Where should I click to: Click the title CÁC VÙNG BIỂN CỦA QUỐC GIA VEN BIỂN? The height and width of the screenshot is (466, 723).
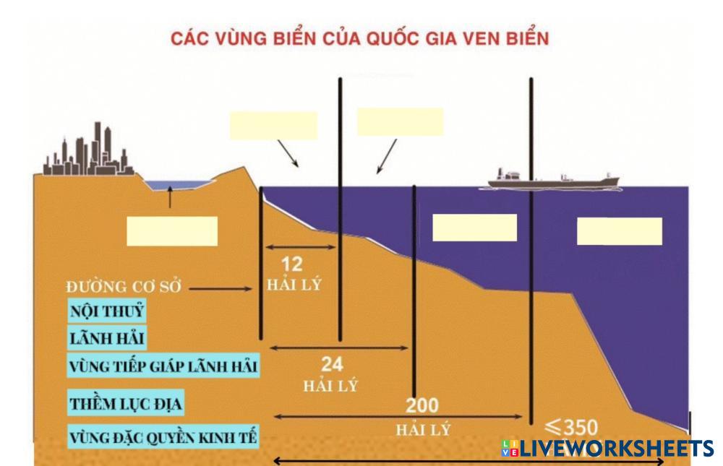click(x=359, y=38)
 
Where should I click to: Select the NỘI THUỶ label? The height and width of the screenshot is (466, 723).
click(x=106, y=311)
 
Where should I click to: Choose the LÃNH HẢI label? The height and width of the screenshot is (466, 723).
click(x=103, y=337)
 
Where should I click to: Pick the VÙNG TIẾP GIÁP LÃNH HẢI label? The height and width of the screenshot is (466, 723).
click(x=163, y=366)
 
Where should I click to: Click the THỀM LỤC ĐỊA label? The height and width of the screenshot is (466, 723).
click(x=126, y=402)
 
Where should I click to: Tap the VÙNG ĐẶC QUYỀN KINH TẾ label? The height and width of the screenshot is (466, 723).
click(x=163, y=436)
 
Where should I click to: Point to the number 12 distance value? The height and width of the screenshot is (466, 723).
click(x=292, y=264)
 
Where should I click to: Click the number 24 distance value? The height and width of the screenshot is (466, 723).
click(x=332, y=363)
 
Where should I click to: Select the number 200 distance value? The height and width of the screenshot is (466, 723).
click(x=422, y=406)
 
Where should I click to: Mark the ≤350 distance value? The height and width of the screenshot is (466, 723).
click(x=571, y=426)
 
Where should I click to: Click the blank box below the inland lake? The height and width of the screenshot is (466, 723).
click(x=172, y=231)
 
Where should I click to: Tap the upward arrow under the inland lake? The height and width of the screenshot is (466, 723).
click(x=170, y=197)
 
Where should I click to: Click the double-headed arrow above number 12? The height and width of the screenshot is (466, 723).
click(x=301, y=247)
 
